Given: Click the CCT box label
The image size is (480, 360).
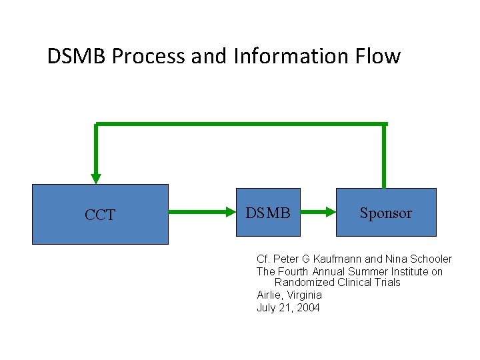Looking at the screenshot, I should point(100,215).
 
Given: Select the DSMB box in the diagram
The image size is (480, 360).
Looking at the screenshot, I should point(268,213).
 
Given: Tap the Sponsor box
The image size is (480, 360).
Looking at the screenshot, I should point(385,213).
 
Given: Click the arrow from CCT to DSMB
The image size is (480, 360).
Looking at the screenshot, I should point(203,213).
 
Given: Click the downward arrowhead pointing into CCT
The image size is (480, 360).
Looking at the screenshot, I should point(96,178).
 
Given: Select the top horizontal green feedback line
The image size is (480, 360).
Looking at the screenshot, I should point(240,124).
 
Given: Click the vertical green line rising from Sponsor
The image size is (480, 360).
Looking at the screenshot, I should point(384,157).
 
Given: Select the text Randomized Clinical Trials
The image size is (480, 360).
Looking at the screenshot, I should point(337,283).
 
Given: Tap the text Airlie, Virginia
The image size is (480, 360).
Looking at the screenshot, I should point(289,295).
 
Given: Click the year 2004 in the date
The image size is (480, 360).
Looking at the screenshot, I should point(307,307).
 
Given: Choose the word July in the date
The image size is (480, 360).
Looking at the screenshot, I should point(267,307).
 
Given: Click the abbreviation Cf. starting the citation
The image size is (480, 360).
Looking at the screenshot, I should point(263,259).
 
